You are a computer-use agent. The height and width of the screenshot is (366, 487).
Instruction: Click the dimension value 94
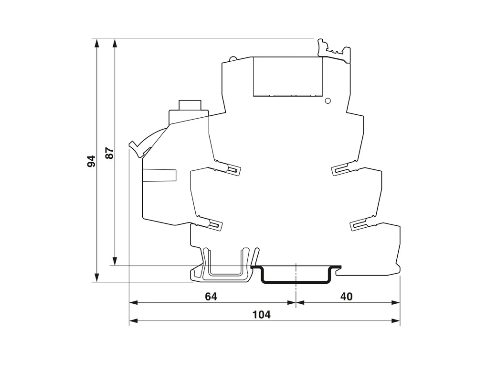pos(91,161)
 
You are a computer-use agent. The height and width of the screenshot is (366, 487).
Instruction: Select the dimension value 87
pos(109,153)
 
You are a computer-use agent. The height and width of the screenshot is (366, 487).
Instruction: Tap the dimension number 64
pos(211,297)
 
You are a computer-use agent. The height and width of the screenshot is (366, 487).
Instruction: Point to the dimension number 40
pos(346,297)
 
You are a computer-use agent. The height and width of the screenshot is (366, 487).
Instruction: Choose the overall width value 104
pos(261,315)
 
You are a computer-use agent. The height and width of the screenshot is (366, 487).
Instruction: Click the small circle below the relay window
pos(328,101)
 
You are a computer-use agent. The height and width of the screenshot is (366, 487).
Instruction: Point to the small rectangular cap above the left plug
pos(190,105)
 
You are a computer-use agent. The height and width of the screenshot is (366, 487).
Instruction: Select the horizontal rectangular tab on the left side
pos(159,175)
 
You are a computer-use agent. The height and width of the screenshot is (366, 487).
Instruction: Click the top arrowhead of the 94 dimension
pos(97,43)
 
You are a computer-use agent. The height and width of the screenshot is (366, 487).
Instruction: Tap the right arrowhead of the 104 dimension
pos(396,321)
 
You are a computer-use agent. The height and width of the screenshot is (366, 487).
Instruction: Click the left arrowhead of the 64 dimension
pos(133,302)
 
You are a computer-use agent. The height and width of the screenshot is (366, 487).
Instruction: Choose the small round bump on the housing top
pos(233,58)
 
